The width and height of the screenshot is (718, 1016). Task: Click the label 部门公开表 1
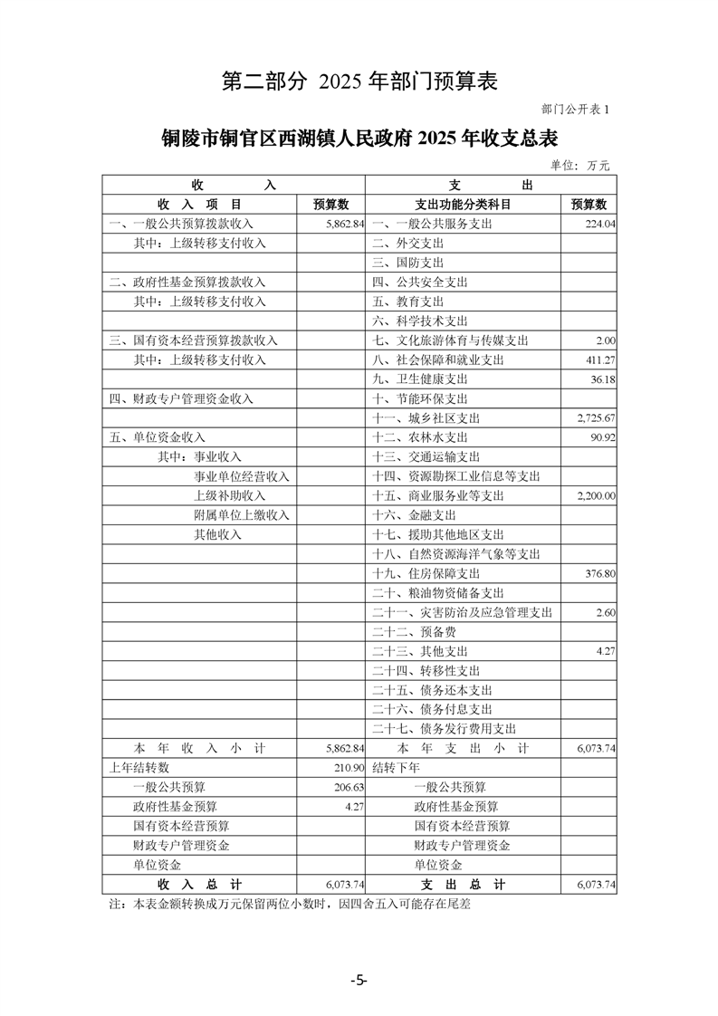click(x=576, y=110)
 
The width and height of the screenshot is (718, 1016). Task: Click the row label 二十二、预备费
click(x=414, y=632)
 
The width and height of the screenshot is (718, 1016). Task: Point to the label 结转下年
click(x=396, y=768)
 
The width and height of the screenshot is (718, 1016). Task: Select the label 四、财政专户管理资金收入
click(x=181, y=398)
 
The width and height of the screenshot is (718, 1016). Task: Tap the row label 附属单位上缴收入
click(x=241, y=515)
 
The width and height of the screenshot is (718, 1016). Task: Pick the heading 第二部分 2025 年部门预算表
click(x=359, y=81)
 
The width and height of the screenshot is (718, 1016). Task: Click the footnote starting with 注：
click(x=291, y=904)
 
